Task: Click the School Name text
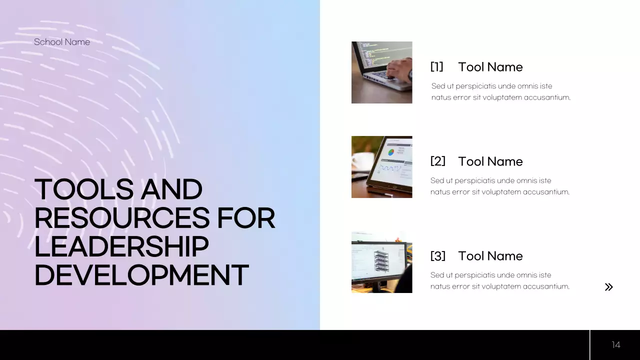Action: click(x=62, y=42)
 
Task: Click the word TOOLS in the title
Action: click(x=84, y=190)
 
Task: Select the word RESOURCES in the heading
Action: click(x=121, y=218)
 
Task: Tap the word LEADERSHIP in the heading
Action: click(x=121, y=247)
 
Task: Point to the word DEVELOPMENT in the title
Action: click(x=141, y=275)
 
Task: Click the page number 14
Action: click(x=615, y=345)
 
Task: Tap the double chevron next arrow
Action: click(x=608, y=287)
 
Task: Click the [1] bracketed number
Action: click(x=436, y=67)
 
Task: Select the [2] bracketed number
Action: click(x=437, y=161)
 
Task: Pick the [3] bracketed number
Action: click(x=437, y=256)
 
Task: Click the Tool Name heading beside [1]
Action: click(x=490, y=67)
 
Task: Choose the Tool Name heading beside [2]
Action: click(x=490, y=161)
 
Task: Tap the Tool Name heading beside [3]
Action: click(x=490, y=256)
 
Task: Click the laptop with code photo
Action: click(x=381, y=72)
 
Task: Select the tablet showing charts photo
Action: click(x=381, y=167)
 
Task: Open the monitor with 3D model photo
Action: click(x=381, y=262)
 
